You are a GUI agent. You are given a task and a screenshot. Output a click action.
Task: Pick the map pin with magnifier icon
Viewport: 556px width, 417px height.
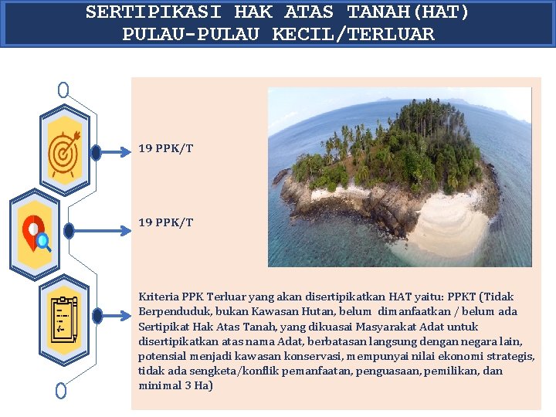pyautogui.click(x=36, y=232)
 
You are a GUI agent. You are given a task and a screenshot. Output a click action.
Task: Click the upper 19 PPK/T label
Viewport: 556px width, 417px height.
pyautogui.click(x=166, y=147)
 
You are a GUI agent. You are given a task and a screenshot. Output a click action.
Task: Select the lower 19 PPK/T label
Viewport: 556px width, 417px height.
pyautogui.click(x=166, y=222)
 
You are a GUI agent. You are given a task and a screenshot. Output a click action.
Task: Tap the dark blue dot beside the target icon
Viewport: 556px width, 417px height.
pyautogui.click(x=96, y=153)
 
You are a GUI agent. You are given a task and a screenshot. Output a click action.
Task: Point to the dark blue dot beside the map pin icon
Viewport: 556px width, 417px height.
pyautogui.click(x=69, y=231)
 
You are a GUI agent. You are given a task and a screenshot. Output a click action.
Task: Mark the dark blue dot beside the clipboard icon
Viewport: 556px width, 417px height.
pyautogui.click(x=97, y=316)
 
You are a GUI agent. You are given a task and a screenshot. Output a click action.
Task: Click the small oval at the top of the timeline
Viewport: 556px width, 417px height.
pyautogui.click(x=63, y=90)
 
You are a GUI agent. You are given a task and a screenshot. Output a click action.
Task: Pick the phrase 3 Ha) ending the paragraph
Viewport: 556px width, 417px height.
pyautogui.click(x=198, y=385)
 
